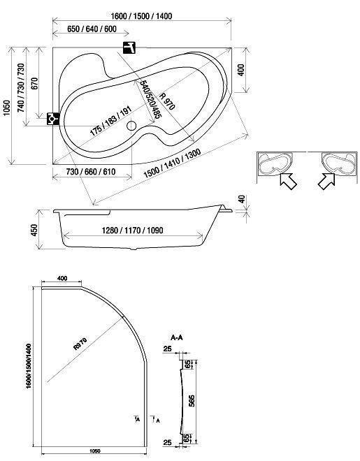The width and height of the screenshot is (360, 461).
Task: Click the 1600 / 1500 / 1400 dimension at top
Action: [x=141, y=16]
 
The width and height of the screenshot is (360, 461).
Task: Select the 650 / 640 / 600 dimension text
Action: [x=92, y=29]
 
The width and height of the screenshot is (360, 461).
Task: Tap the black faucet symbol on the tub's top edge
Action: [x=129, y=47]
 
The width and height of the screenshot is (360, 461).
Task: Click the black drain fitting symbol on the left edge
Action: [x=53, y=119]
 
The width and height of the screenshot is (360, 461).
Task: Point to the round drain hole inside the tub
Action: [x=131, y=126]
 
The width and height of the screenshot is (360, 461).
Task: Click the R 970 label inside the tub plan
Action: [x=167, y=101]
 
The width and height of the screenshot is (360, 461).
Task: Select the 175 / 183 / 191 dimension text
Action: [x=110, y=121]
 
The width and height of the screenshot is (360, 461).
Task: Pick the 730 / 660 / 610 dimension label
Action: [x=91, y=172]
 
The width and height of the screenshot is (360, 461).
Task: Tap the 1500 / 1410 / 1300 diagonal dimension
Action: [x=173, y=163]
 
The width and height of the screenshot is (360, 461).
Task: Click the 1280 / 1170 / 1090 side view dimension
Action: [x=132, y=230]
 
